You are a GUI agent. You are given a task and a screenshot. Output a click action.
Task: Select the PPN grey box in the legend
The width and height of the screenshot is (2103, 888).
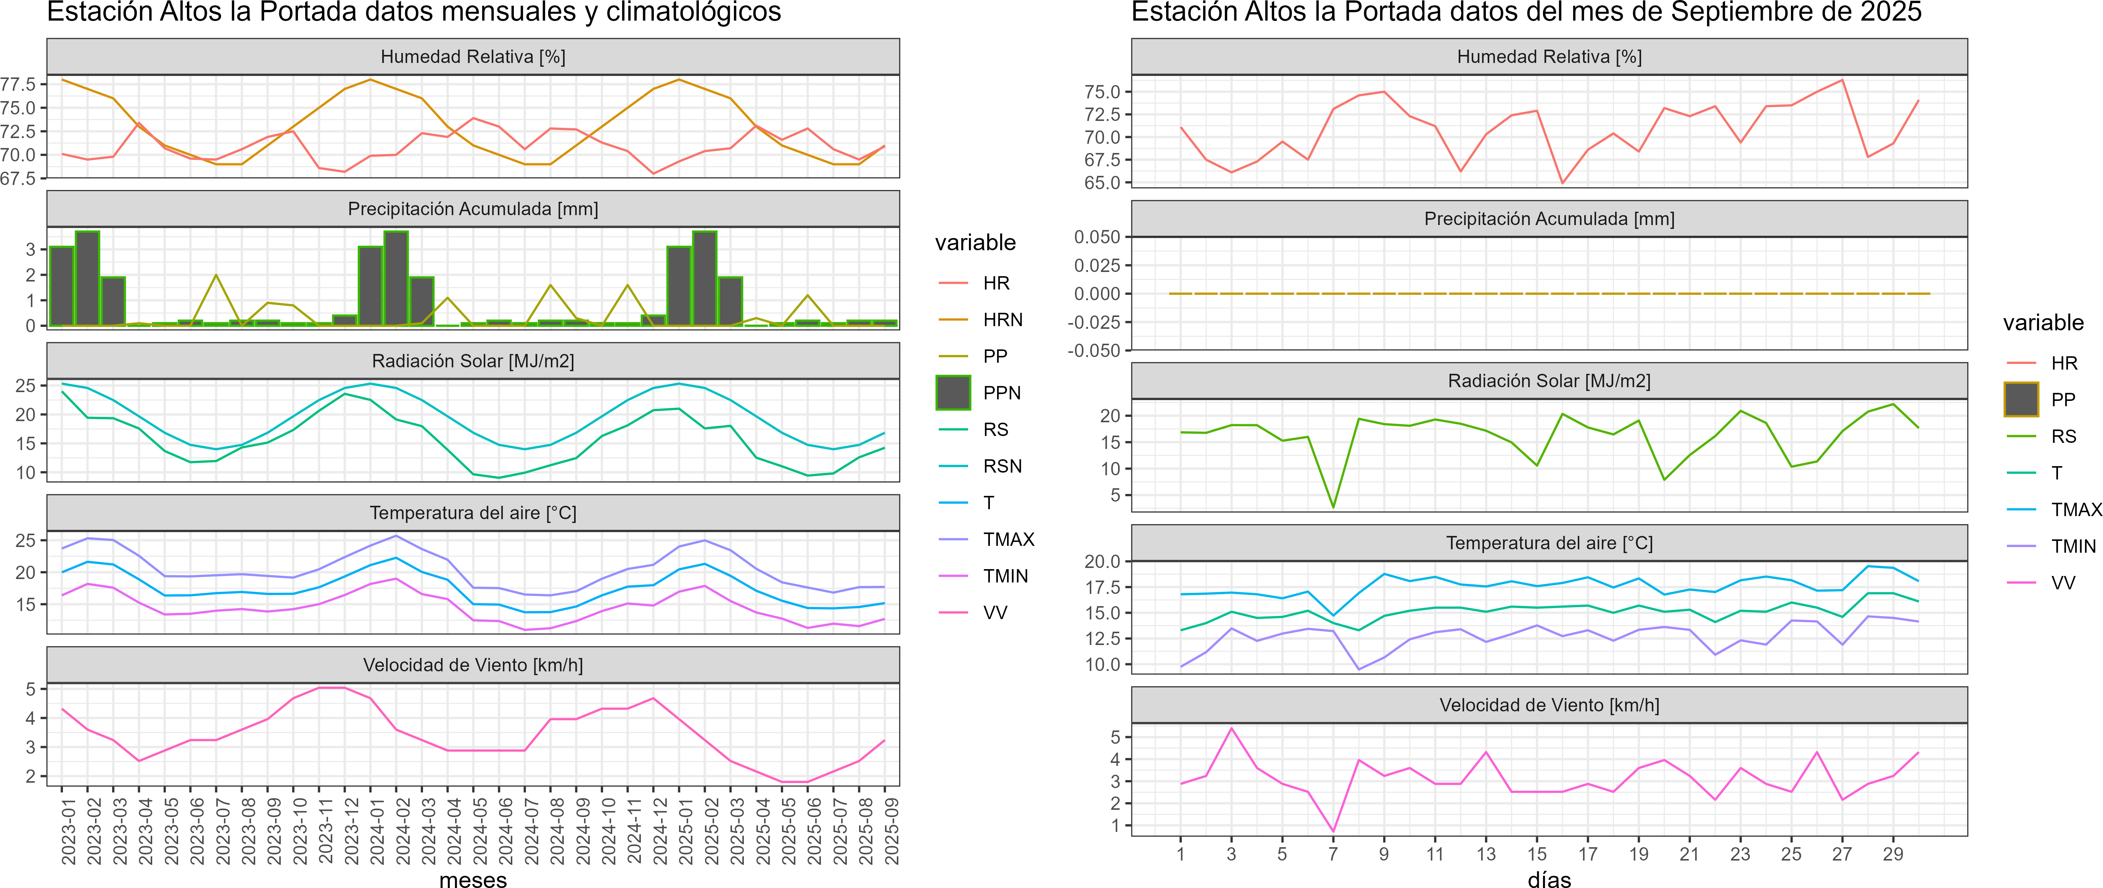click(x=953, y=393)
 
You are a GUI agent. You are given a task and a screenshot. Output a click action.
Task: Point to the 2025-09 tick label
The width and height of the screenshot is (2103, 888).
click(x=891, y=831)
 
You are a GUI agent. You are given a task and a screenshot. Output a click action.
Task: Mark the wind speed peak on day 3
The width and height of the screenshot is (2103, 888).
click(x=1231, y=728)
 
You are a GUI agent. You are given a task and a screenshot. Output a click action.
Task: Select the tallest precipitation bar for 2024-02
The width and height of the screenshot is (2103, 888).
click(x=396, y=278)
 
